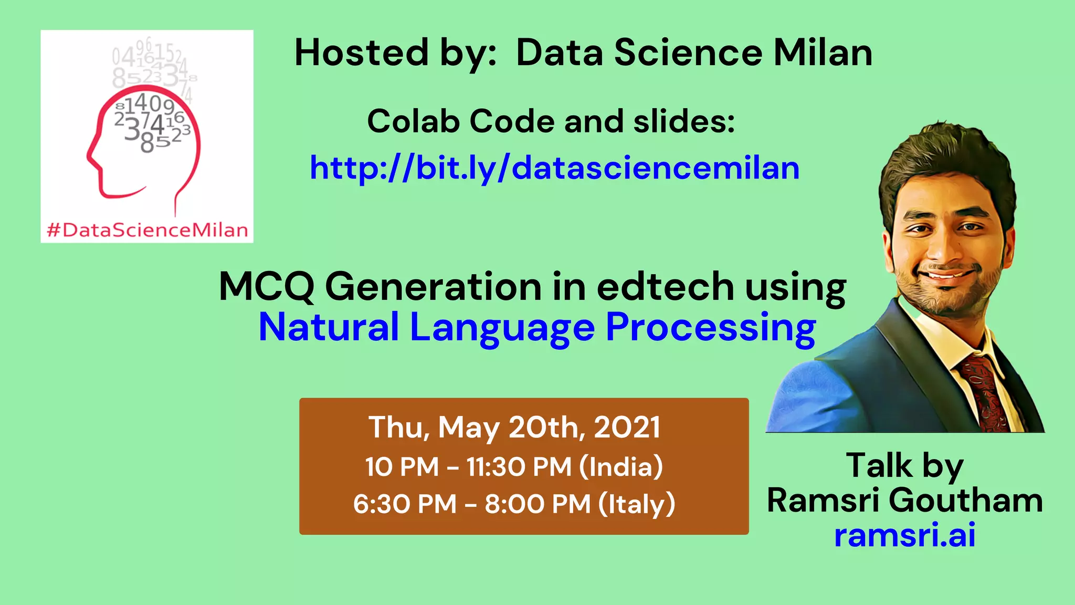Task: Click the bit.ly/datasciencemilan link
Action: (x=554, y=168)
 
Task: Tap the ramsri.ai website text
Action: (x=904, y=535)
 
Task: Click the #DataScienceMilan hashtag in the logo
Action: (x=147, y=230)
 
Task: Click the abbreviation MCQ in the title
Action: (x=266, y=287)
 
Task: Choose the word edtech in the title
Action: (x=665, y=287)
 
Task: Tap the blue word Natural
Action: (x=329, y=327)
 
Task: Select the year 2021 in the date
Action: (x=627, y=427)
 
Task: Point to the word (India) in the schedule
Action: (x=621, y=466)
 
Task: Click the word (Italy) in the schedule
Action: (x=637, y=504)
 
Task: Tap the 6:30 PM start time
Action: (x=405, y=504)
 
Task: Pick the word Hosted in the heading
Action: (x=362, y=53)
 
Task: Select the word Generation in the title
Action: (x=434, y=287)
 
